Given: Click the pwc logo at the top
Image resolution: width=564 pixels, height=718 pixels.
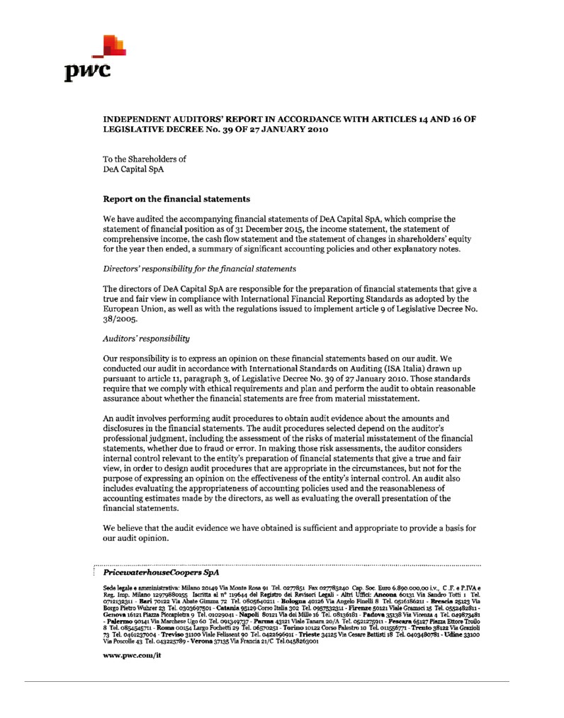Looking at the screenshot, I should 93,58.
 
